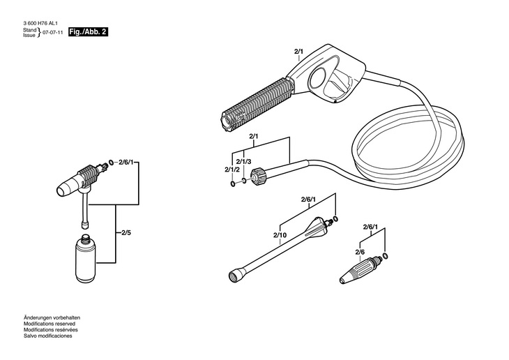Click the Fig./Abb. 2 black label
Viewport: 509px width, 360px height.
point(89,33)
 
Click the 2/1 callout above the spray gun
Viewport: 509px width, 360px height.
point(299,52)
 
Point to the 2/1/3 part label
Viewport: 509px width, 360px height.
point(243,161)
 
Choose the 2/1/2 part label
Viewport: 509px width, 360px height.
point(231,170)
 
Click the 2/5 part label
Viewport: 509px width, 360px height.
point(127,231)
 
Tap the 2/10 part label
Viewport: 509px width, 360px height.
point(280,234)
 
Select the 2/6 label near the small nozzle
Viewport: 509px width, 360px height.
point(360,251)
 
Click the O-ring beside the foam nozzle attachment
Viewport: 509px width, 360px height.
point(110,165)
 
